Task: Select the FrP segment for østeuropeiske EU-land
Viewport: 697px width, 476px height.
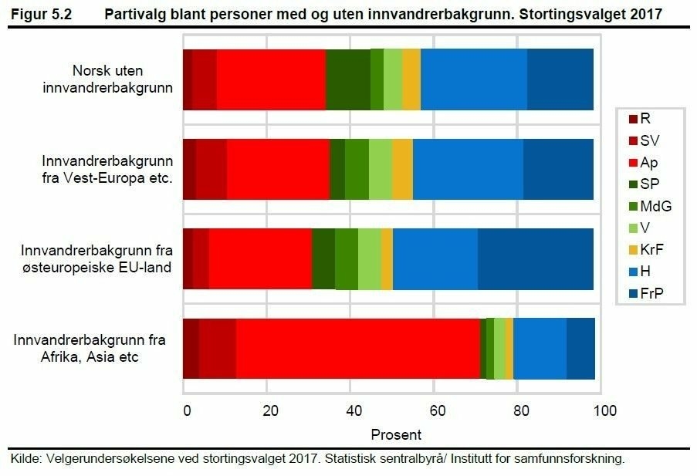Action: coord(536,259)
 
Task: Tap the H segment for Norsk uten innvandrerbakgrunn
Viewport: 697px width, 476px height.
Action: coord(474,79)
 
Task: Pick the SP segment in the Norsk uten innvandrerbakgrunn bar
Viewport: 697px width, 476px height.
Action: coord(348,79)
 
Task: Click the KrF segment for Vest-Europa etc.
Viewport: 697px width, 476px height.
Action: coord(402,170)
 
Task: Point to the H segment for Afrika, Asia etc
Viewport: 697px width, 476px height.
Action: coord(540,349)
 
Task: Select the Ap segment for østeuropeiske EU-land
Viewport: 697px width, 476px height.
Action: coord(260,259)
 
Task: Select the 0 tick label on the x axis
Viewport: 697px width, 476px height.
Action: coord(185,410)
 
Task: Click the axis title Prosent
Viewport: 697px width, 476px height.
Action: coord(396,434)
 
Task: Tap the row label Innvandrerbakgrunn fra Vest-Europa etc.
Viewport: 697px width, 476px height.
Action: coord(107,170)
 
